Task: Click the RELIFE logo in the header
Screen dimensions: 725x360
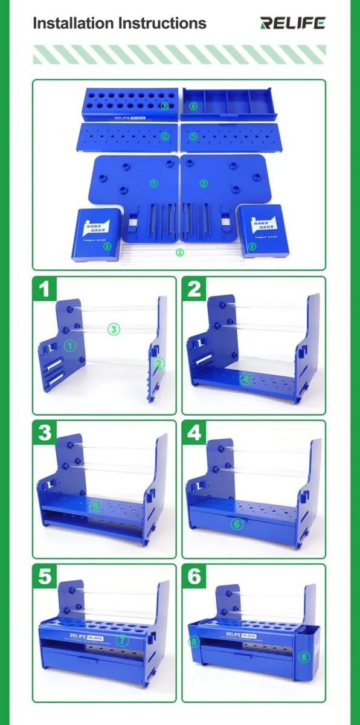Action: (x=292, y=23)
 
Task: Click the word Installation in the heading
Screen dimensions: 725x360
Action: (x=73, y=24)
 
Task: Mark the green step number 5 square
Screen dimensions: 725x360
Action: (x=43, y=576)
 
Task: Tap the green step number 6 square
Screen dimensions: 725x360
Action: (x=194, y=576)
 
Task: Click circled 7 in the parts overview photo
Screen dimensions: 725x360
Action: (x=165, y=105)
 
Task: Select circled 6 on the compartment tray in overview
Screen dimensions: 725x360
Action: (x=193, y=106)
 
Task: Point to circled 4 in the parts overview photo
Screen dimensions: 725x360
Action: (x=165, y=137)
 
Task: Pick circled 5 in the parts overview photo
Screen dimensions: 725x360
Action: (x=193, y=137)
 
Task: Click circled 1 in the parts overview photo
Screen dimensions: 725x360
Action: (x=153, y=183)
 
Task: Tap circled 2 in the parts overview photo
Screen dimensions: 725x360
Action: (x=204, y=183)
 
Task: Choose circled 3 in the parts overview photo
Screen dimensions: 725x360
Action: (x=179, y=252)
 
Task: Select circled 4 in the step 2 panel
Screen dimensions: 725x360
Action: (x=245, y=379)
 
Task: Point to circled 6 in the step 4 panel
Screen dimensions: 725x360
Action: (x=236, y=524)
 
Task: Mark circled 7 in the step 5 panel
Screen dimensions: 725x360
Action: (x=123, y=639)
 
